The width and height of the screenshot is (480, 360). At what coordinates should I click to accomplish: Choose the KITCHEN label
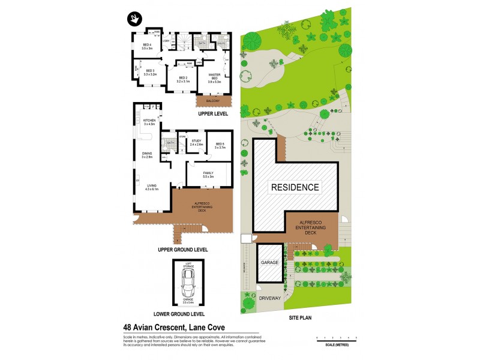pyautogui.click(x=149, y=122)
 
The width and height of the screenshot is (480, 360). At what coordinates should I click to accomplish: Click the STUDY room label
pyautogui.click(x=197, y=143)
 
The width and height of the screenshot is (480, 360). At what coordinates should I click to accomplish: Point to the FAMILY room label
pyautogui.click(x=208, y=174)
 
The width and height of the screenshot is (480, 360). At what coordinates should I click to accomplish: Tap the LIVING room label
pyautogui.click(x=149, y=187)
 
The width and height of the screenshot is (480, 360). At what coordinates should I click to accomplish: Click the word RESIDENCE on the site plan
pyautogui.click(x=295, y=187)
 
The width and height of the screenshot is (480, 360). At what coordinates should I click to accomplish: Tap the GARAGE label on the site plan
pyautogui.click(x=270, y=263)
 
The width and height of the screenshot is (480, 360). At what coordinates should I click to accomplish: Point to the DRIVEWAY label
pyautogui.click(x=271, y=297)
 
